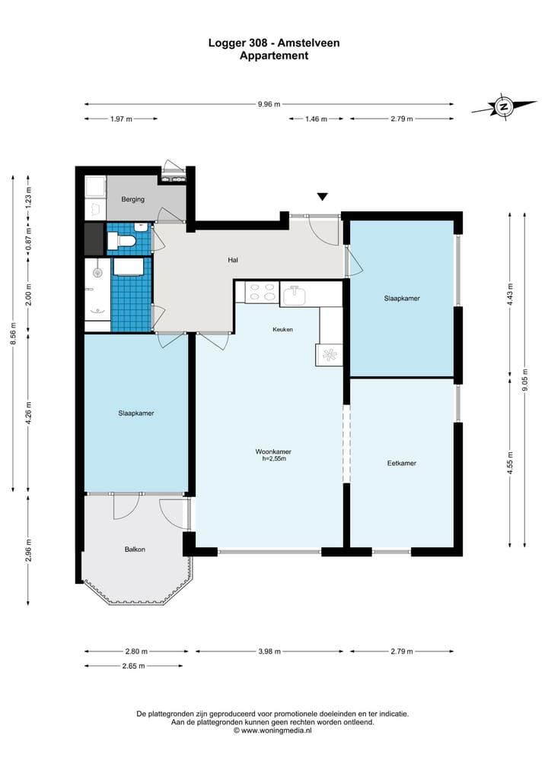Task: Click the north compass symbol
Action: [504, 106]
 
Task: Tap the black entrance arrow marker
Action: [323, 197]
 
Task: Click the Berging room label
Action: [133, 199]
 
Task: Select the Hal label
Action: [233, 260]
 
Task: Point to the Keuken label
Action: [283, 329]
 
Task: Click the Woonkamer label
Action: [273, 451]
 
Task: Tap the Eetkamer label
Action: [402, 464]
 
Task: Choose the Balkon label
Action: [135, 550]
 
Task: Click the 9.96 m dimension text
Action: [269, 104]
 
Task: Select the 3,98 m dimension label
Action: [269, 651]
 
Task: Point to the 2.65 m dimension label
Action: [134, 666]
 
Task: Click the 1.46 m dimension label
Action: [316, 119]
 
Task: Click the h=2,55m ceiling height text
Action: [274, 458]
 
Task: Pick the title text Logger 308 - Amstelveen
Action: [274, 43]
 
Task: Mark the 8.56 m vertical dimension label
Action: [14, 334]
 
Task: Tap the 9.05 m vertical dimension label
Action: [525, 379]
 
